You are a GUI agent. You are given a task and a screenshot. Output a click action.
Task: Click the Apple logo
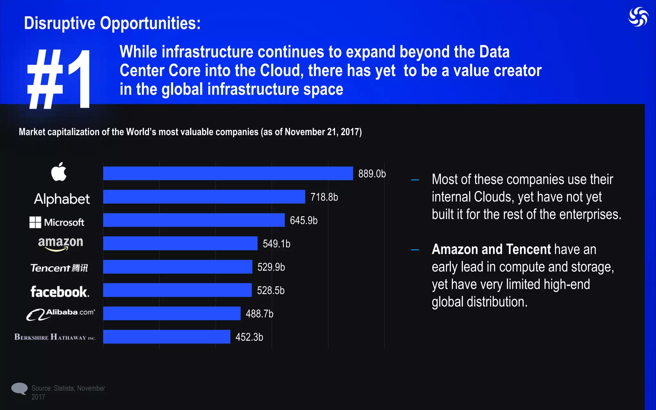point(59,172)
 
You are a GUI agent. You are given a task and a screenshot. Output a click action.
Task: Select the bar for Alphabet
point(204,197)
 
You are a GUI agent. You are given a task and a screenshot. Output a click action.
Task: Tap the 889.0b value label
point(372,174)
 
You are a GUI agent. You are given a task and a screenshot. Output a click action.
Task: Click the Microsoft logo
point(57,222)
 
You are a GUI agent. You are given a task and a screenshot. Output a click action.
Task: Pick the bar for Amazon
point(180,243)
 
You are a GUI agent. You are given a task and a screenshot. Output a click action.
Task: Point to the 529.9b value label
point(271,267)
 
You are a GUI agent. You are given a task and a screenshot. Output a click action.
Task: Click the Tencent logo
point(59,268)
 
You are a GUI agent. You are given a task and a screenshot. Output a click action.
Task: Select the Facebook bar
point(177,290)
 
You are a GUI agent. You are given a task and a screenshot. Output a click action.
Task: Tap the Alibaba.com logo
point(61,314)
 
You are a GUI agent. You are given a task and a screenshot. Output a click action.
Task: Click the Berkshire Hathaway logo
point(55,337)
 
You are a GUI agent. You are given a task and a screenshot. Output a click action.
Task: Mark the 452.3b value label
point(249,337)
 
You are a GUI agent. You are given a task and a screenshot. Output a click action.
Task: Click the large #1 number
point(59,79)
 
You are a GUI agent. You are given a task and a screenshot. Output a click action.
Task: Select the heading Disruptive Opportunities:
point(112,23)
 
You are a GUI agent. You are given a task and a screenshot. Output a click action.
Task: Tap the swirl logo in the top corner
point(638,17)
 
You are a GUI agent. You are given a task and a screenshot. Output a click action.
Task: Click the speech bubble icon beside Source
point(20,389)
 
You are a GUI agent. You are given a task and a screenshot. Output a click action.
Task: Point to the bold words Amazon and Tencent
point(491,249)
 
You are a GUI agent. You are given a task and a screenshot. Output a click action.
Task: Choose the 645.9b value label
point(303,220)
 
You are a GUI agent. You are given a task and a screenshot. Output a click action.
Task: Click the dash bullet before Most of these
point(415,180)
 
